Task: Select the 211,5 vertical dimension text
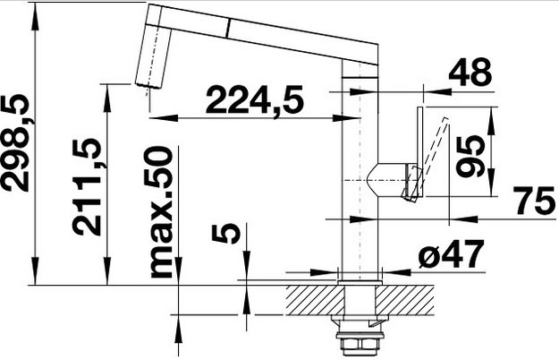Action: tap(86, 186)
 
